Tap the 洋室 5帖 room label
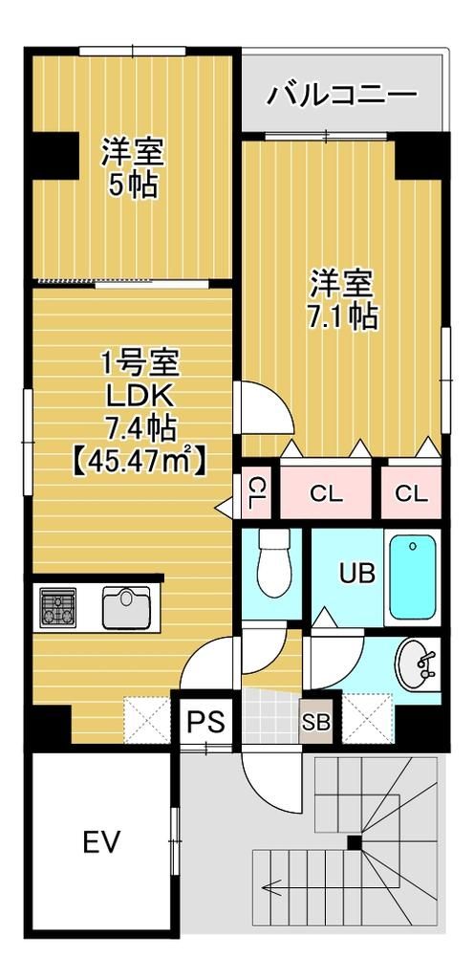pos(133,168)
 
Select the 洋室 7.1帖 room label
pos(341,299)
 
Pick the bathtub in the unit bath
pos(413,577)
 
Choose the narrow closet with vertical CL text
pos(255,493)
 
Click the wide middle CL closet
pos(326,493)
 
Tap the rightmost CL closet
pos(411,493)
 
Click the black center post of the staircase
pos(355,842)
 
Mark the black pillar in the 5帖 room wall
pos(54,154)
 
